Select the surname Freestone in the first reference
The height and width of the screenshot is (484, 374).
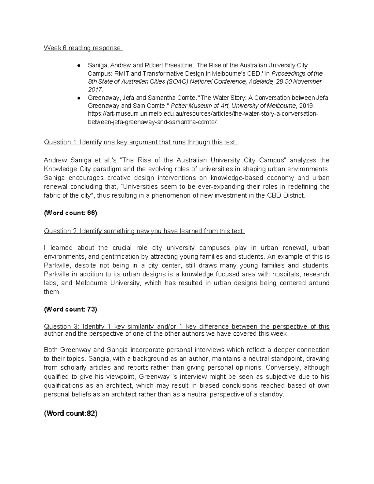coord(175,65)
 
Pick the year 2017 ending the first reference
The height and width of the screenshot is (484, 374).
coord(95,90)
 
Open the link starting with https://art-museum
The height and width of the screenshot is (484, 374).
coord(203,114)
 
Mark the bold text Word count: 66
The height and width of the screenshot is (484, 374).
coord(70,213)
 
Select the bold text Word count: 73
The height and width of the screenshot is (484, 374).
coord(70,309)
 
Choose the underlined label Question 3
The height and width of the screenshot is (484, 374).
coord(61,327)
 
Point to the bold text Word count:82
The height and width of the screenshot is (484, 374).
coord(70,414)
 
